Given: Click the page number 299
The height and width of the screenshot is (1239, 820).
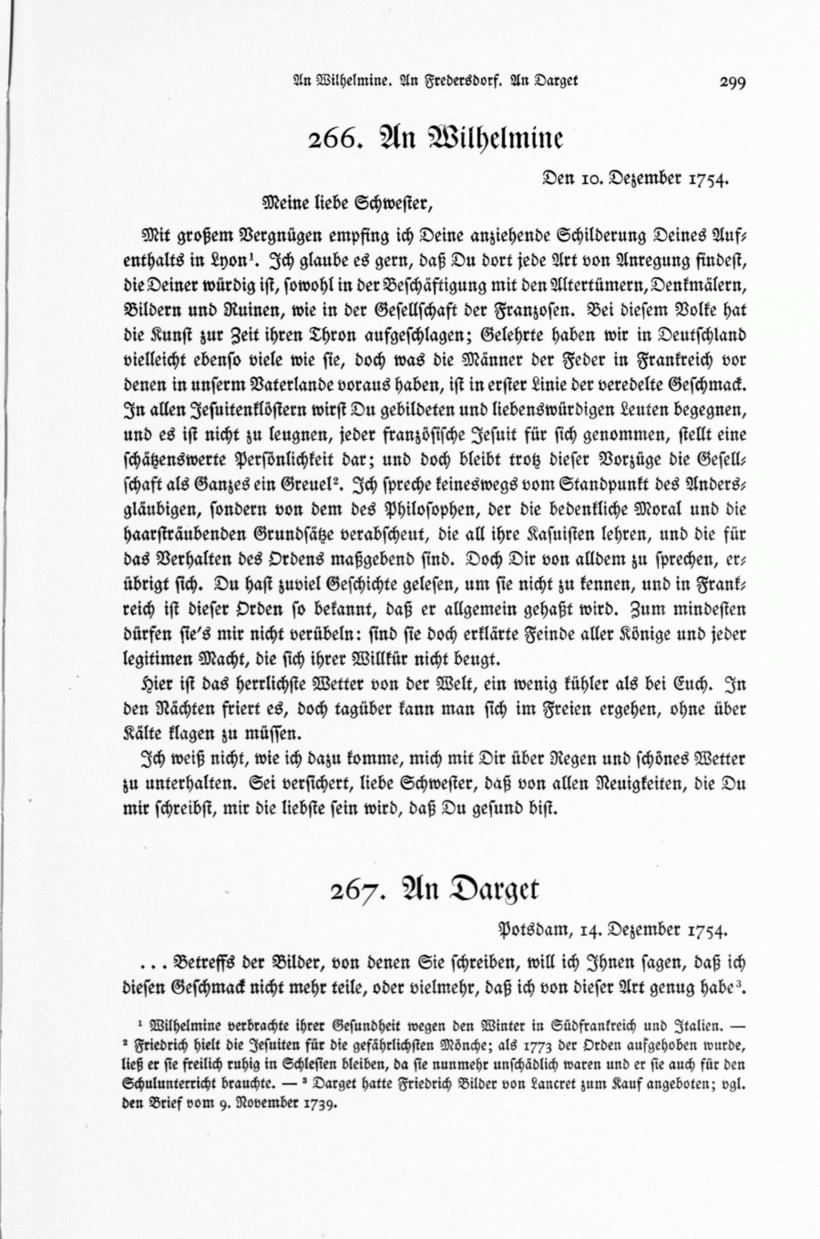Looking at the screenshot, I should pos(732,82).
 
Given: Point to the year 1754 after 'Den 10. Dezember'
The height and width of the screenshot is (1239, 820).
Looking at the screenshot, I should pos(705,179).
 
